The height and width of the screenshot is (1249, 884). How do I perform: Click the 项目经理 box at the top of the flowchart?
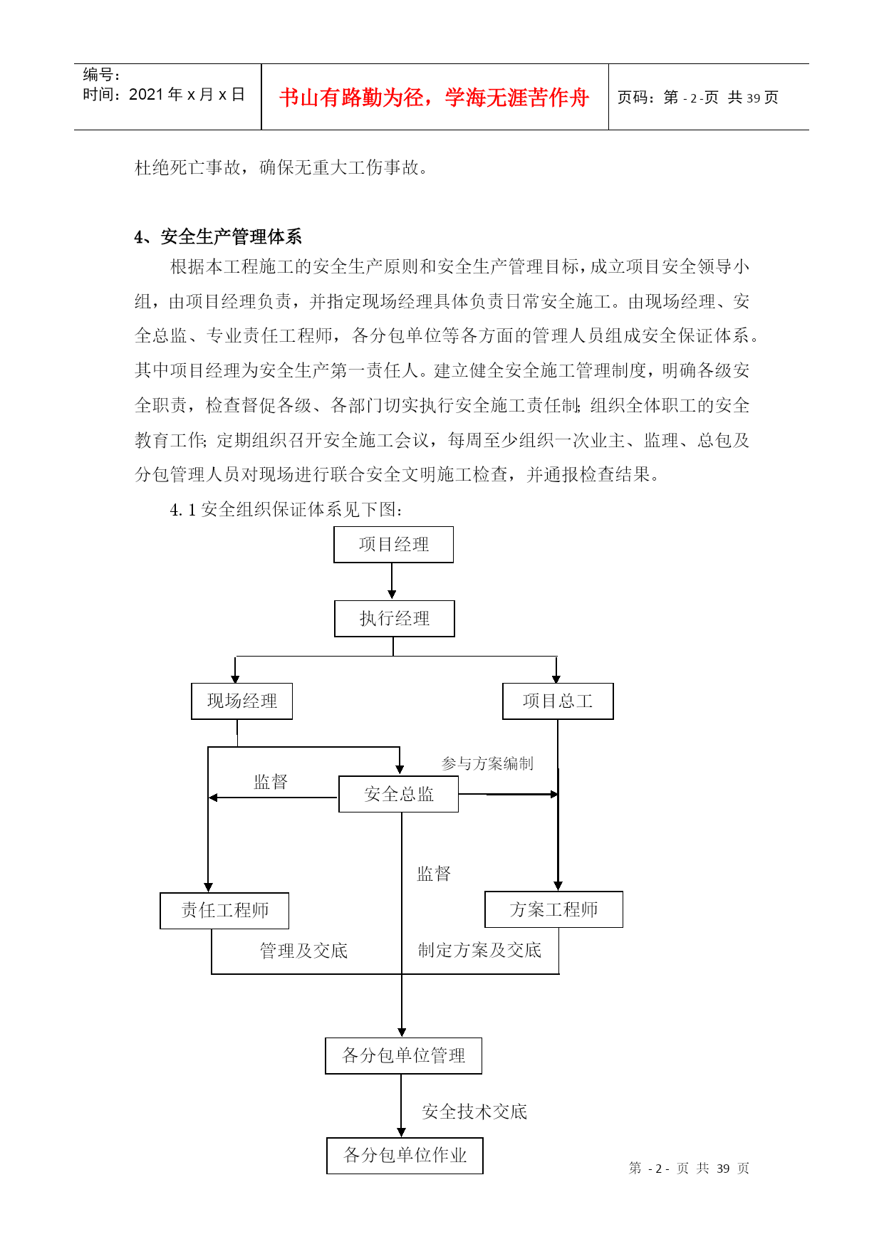pos(393,545)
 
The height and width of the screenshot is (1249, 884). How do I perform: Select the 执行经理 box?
pos(394,619)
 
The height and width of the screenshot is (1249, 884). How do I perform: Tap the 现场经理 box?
pos(241,701)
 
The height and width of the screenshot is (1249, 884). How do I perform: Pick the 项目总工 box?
pos(558,701)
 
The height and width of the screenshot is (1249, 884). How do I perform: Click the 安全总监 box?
pos(398,794)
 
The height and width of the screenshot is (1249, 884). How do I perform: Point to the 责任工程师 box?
pos(224,911)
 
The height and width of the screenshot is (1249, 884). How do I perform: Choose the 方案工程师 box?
pos(553,909)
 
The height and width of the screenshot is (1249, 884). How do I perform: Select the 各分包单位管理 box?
pos(403,1056)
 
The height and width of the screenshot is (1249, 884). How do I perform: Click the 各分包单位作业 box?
pos(405,1156)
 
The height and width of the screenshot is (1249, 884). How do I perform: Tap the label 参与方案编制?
pos(487,763)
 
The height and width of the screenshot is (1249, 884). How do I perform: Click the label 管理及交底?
pos(303,951)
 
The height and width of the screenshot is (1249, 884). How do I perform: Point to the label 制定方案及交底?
pos(479,950)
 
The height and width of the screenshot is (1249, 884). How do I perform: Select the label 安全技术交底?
pos(474,1112)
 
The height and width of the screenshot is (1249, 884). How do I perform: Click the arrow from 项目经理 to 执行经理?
pos(392,581)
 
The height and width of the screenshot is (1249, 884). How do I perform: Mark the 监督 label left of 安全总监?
pos(271,782)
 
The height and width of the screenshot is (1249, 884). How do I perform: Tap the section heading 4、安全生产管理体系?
pos(218,236)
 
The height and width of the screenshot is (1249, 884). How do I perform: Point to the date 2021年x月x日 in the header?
pos(187,95)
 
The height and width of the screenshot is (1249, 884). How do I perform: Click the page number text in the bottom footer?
pos(689,1169)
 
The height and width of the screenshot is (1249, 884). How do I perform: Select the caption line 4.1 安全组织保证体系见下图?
pos(286,509)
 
